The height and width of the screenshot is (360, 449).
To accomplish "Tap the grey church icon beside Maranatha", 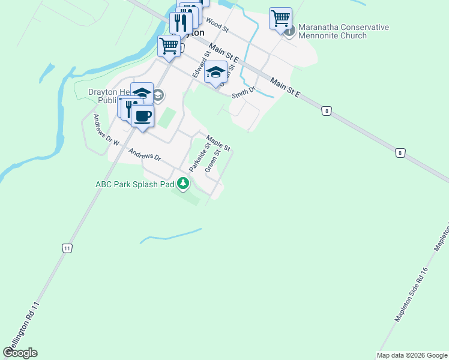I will coord(289,31).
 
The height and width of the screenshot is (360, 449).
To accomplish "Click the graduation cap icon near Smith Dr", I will coord(216,73).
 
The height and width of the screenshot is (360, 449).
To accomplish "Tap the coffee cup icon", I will coord(142,116).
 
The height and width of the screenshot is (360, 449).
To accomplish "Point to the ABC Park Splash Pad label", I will coord(134,184).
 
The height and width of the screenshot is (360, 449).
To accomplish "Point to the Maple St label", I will coord(218,143).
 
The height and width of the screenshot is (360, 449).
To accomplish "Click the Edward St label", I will coord(200,64).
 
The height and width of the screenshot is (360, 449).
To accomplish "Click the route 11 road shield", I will coord(67,247).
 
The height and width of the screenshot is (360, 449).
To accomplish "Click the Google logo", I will coord(20,352).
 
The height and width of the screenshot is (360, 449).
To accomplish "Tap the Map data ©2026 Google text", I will coord(412,355).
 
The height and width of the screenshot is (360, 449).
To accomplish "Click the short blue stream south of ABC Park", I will coord(170,235).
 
